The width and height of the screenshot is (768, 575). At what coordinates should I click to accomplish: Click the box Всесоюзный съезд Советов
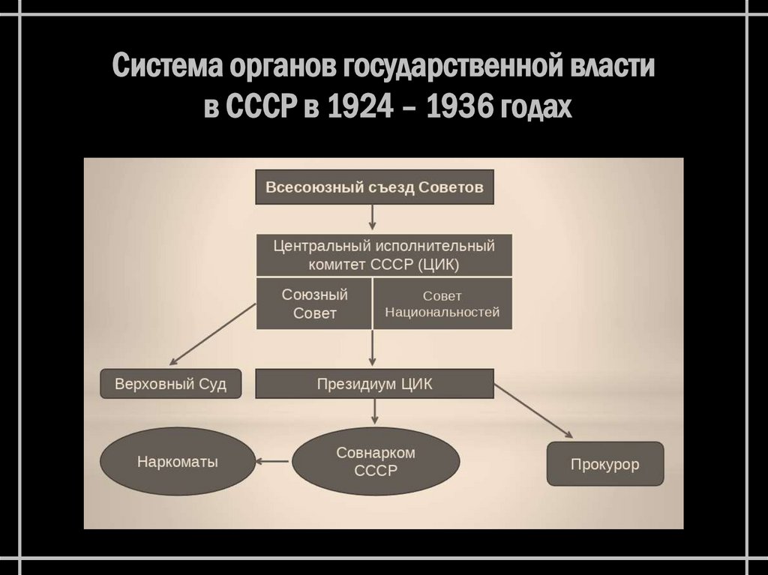point(374,187)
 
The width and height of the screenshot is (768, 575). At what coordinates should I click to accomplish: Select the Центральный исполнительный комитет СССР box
point(384,254)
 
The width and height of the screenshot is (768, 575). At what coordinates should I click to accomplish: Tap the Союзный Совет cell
point(314,304)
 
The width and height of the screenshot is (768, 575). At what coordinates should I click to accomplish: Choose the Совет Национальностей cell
point(442,304)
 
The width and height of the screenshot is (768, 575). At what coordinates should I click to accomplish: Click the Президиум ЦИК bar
point(374,383)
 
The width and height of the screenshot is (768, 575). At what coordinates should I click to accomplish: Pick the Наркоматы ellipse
point(178,462)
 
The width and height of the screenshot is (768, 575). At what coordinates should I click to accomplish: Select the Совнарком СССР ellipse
point(376,462)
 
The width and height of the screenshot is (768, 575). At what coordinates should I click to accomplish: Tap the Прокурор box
point(605,465)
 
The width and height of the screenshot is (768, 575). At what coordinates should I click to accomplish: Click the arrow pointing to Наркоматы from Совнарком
point(271,462)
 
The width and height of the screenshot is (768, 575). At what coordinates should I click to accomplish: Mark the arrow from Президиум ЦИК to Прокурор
point(533,411)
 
